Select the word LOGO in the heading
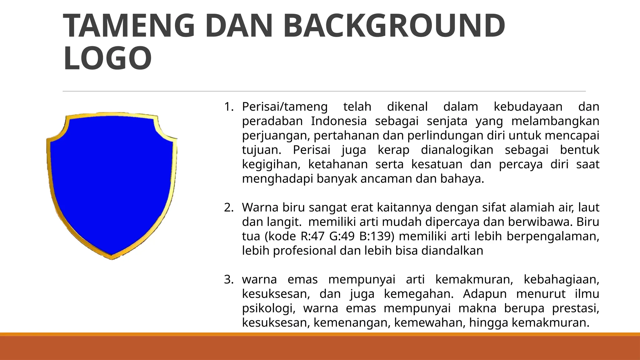coord(107,58)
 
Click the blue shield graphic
coord(112,184)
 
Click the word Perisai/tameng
coord(285,107)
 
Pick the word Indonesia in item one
coord(339,121)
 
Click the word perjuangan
coord(276,136)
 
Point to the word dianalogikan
coord(457,150)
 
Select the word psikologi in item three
coord(269,308)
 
